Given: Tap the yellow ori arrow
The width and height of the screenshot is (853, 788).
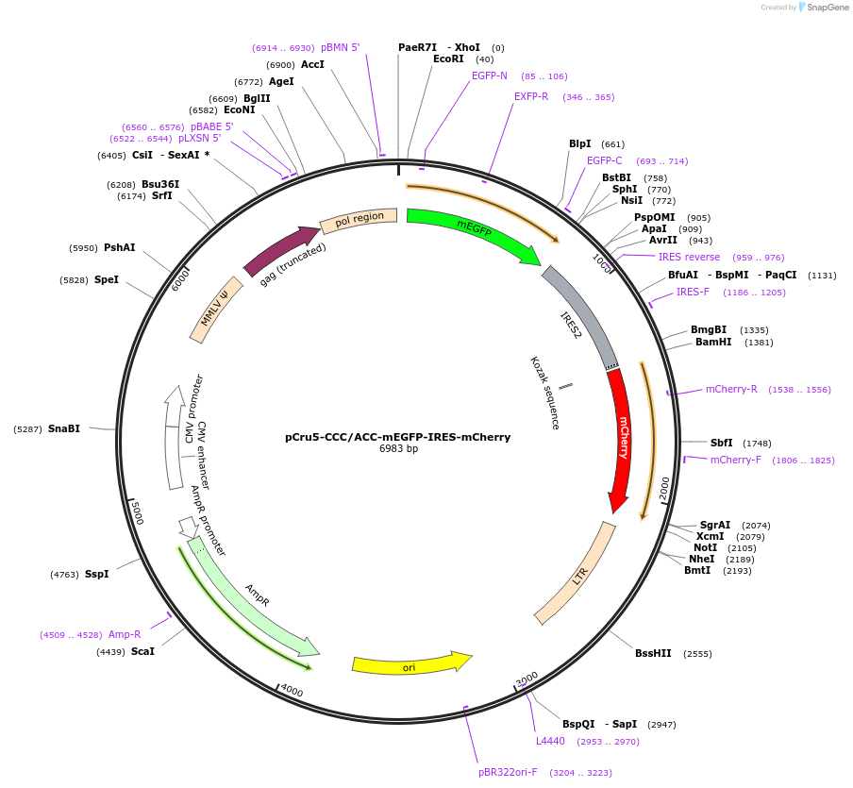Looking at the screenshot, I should (x=410, y=664).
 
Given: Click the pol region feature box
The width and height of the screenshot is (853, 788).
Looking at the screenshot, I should (x=359, y=219).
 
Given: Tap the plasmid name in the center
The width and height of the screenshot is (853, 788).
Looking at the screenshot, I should (x=397, y=437).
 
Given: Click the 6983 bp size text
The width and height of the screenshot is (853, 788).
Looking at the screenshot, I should (x=398, y=449).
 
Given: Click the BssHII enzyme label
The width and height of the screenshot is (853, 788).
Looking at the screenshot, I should (x=653, y=653).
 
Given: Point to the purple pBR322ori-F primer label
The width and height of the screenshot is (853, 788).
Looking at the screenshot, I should (x=508, y=772).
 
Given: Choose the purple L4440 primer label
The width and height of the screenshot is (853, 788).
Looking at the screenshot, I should (x=550, y=741).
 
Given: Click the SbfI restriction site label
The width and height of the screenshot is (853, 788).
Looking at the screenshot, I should (x=721, y=443).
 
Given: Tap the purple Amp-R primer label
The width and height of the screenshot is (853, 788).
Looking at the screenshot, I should (x=125, y=634).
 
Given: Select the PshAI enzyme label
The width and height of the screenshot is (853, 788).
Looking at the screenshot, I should (x=120, y=248).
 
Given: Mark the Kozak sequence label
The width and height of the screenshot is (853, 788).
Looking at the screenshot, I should (x=544, y=393).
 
